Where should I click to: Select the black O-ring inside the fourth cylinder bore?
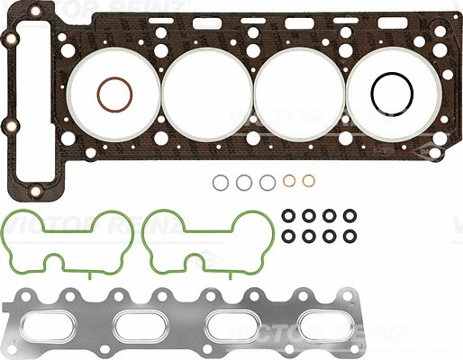pos(391,93)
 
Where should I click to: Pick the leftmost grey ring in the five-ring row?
pos(222,183)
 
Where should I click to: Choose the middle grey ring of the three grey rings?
pos(244,183)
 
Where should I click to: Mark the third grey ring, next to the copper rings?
pos(267,183)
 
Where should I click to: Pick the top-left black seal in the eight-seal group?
pos(288,217)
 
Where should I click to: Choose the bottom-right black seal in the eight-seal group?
pos(347,237)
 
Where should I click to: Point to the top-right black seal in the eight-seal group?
pos(347,217)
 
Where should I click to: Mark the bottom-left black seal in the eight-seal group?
pos(288,237)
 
